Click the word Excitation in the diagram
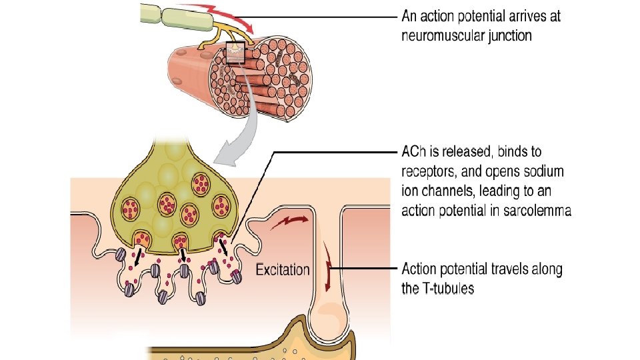[x=283, y=270]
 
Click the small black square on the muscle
[x=235, y=52]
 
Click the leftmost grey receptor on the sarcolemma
[x=121, y=254]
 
